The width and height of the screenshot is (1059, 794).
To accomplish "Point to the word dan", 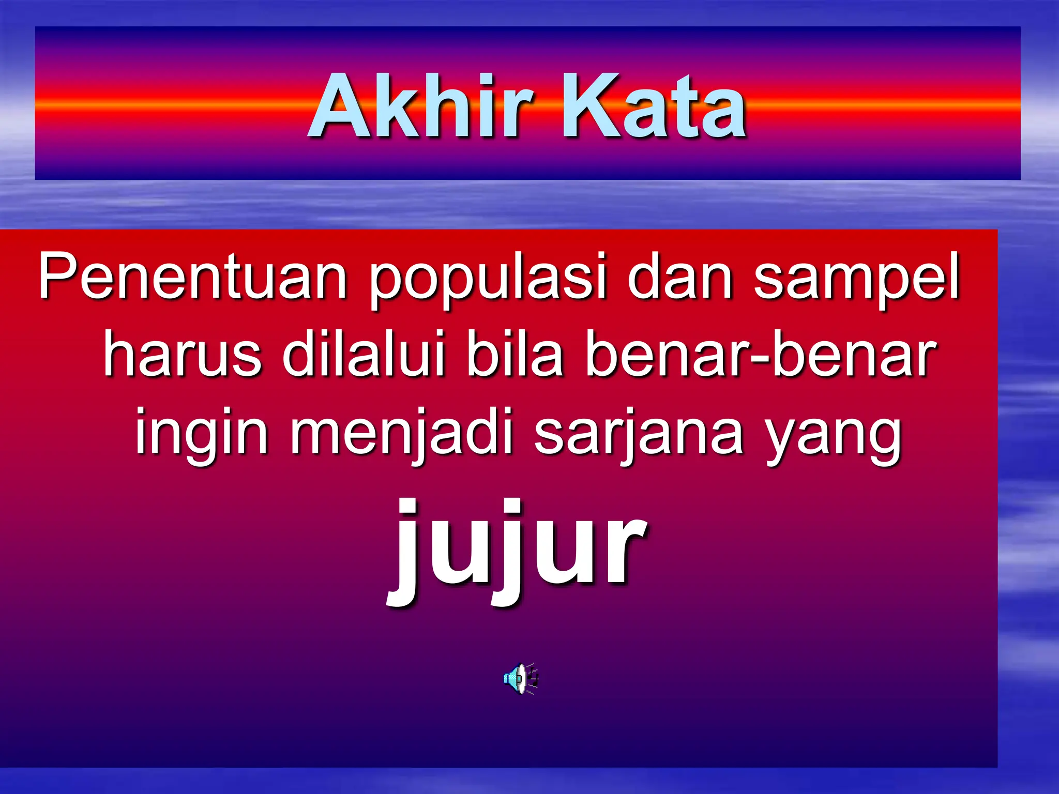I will [x=679, y=277].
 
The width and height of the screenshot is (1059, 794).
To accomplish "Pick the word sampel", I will [x=856, y=279].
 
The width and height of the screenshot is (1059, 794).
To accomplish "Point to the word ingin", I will [x=201, y=434].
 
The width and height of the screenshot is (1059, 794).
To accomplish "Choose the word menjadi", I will [x=401, y=434].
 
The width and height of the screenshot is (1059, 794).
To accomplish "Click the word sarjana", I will [x=638, y=434].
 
